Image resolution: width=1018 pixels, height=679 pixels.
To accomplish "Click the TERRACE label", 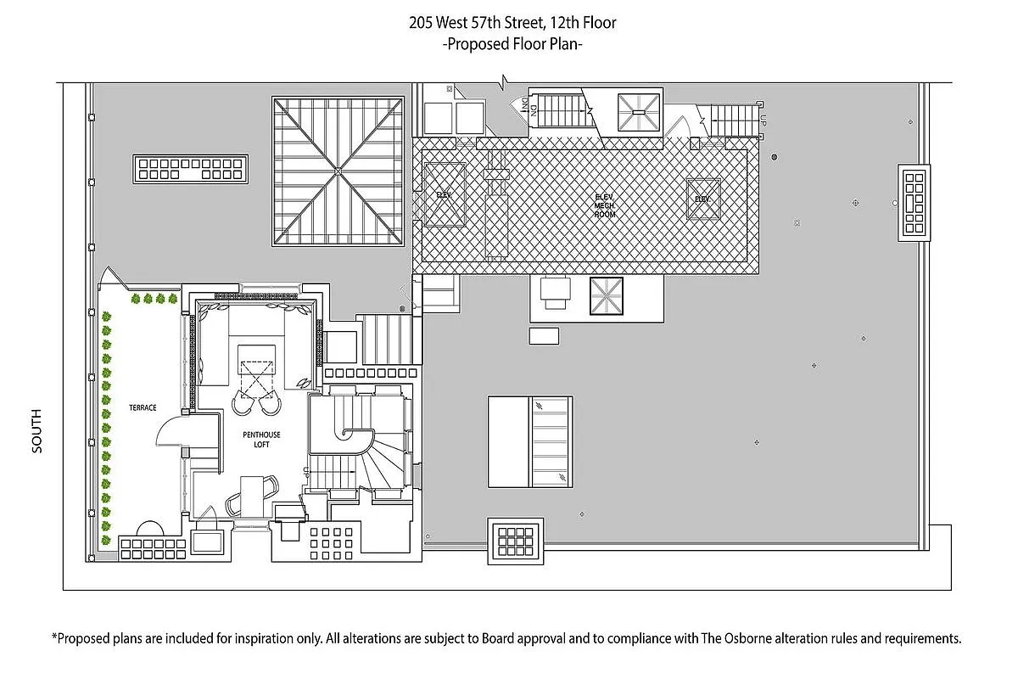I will pos(143,407).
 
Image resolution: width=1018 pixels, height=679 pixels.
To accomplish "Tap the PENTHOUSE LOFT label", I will pos(261,441).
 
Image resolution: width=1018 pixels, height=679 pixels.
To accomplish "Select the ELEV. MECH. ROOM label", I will pos(604,205).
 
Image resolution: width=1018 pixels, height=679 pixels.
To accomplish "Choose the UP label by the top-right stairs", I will pos(763,122).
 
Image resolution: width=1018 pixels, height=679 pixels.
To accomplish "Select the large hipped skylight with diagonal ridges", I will pos(338,171).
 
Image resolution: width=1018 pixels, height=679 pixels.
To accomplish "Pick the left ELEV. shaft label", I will pos(445,194).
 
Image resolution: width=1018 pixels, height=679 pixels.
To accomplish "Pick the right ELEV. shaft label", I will pos(702,199).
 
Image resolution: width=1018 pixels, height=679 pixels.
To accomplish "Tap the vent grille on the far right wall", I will pos(915,202).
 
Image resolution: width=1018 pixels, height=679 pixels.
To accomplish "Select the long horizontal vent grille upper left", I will pos(190,168).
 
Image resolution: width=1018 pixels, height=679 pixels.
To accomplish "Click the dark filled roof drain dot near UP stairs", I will pos(774,157).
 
